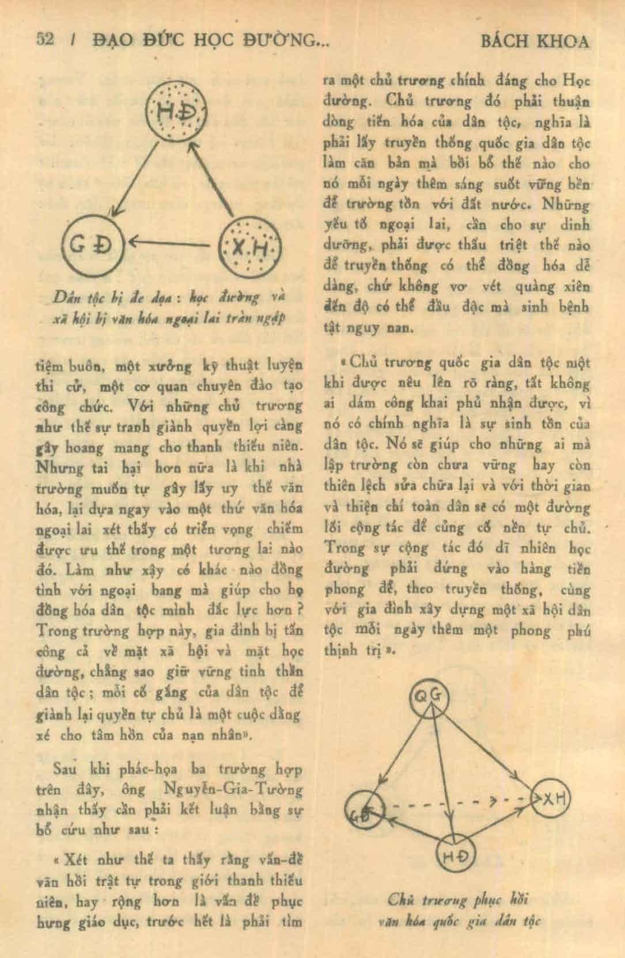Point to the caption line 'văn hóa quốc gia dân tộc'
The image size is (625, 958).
point(459,921)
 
